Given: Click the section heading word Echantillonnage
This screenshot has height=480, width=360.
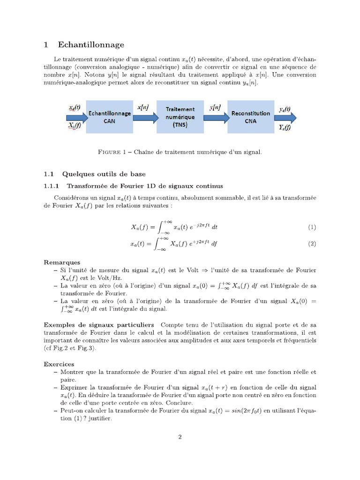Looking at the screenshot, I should pyautogui.click(x=91, y=45).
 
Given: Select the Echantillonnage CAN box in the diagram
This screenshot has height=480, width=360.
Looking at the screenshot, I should pyautogui.click(x=110, y=117).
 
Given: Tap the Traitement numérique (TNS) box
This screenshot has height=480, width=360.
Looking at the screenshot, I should pyautogui.click(x=180, y=117).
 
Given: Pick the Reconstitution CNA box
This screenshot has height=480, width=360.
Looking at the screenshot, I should pyautogui.click(x=251, y=117).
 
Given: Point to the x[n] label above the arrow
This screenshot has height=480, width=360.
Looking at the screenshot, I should pyautogui.click(x=142, y=107).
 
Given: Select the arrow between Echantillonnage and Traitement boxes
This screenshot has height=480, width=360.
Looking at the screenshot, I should pyautogui.click(x=145, y=117).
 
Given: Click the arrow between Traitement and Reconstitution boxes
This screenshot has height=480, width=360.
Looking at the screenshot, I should pyautogui.click(x=216, y=117).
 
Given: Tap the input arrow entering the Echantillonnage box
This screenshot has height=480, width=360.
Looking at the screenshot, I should pyautogui.click(x=75, y=117).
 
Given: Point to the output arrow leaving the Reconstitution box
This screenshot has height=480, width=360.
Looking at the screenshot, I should pyautogui.click(x=286, y=117).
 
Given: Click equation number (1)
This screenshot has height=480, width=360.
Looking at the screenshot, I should pyautogui.click(x=312, y=227).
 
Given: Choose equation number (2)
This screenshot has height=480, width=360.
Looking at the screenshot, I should pyautogui.click(x=312, y=244).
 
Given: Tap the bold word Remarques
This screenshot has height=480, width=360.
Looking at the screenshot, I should pyautogui.click(x=62, y=262).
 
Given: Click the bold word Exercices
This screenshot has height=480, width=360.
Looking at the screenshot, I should pyautogui.click(x=59, y=364).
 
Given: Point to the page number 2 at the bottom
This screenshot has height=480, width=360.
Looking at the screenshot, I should pyautogui.click(x=180, y=437).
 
